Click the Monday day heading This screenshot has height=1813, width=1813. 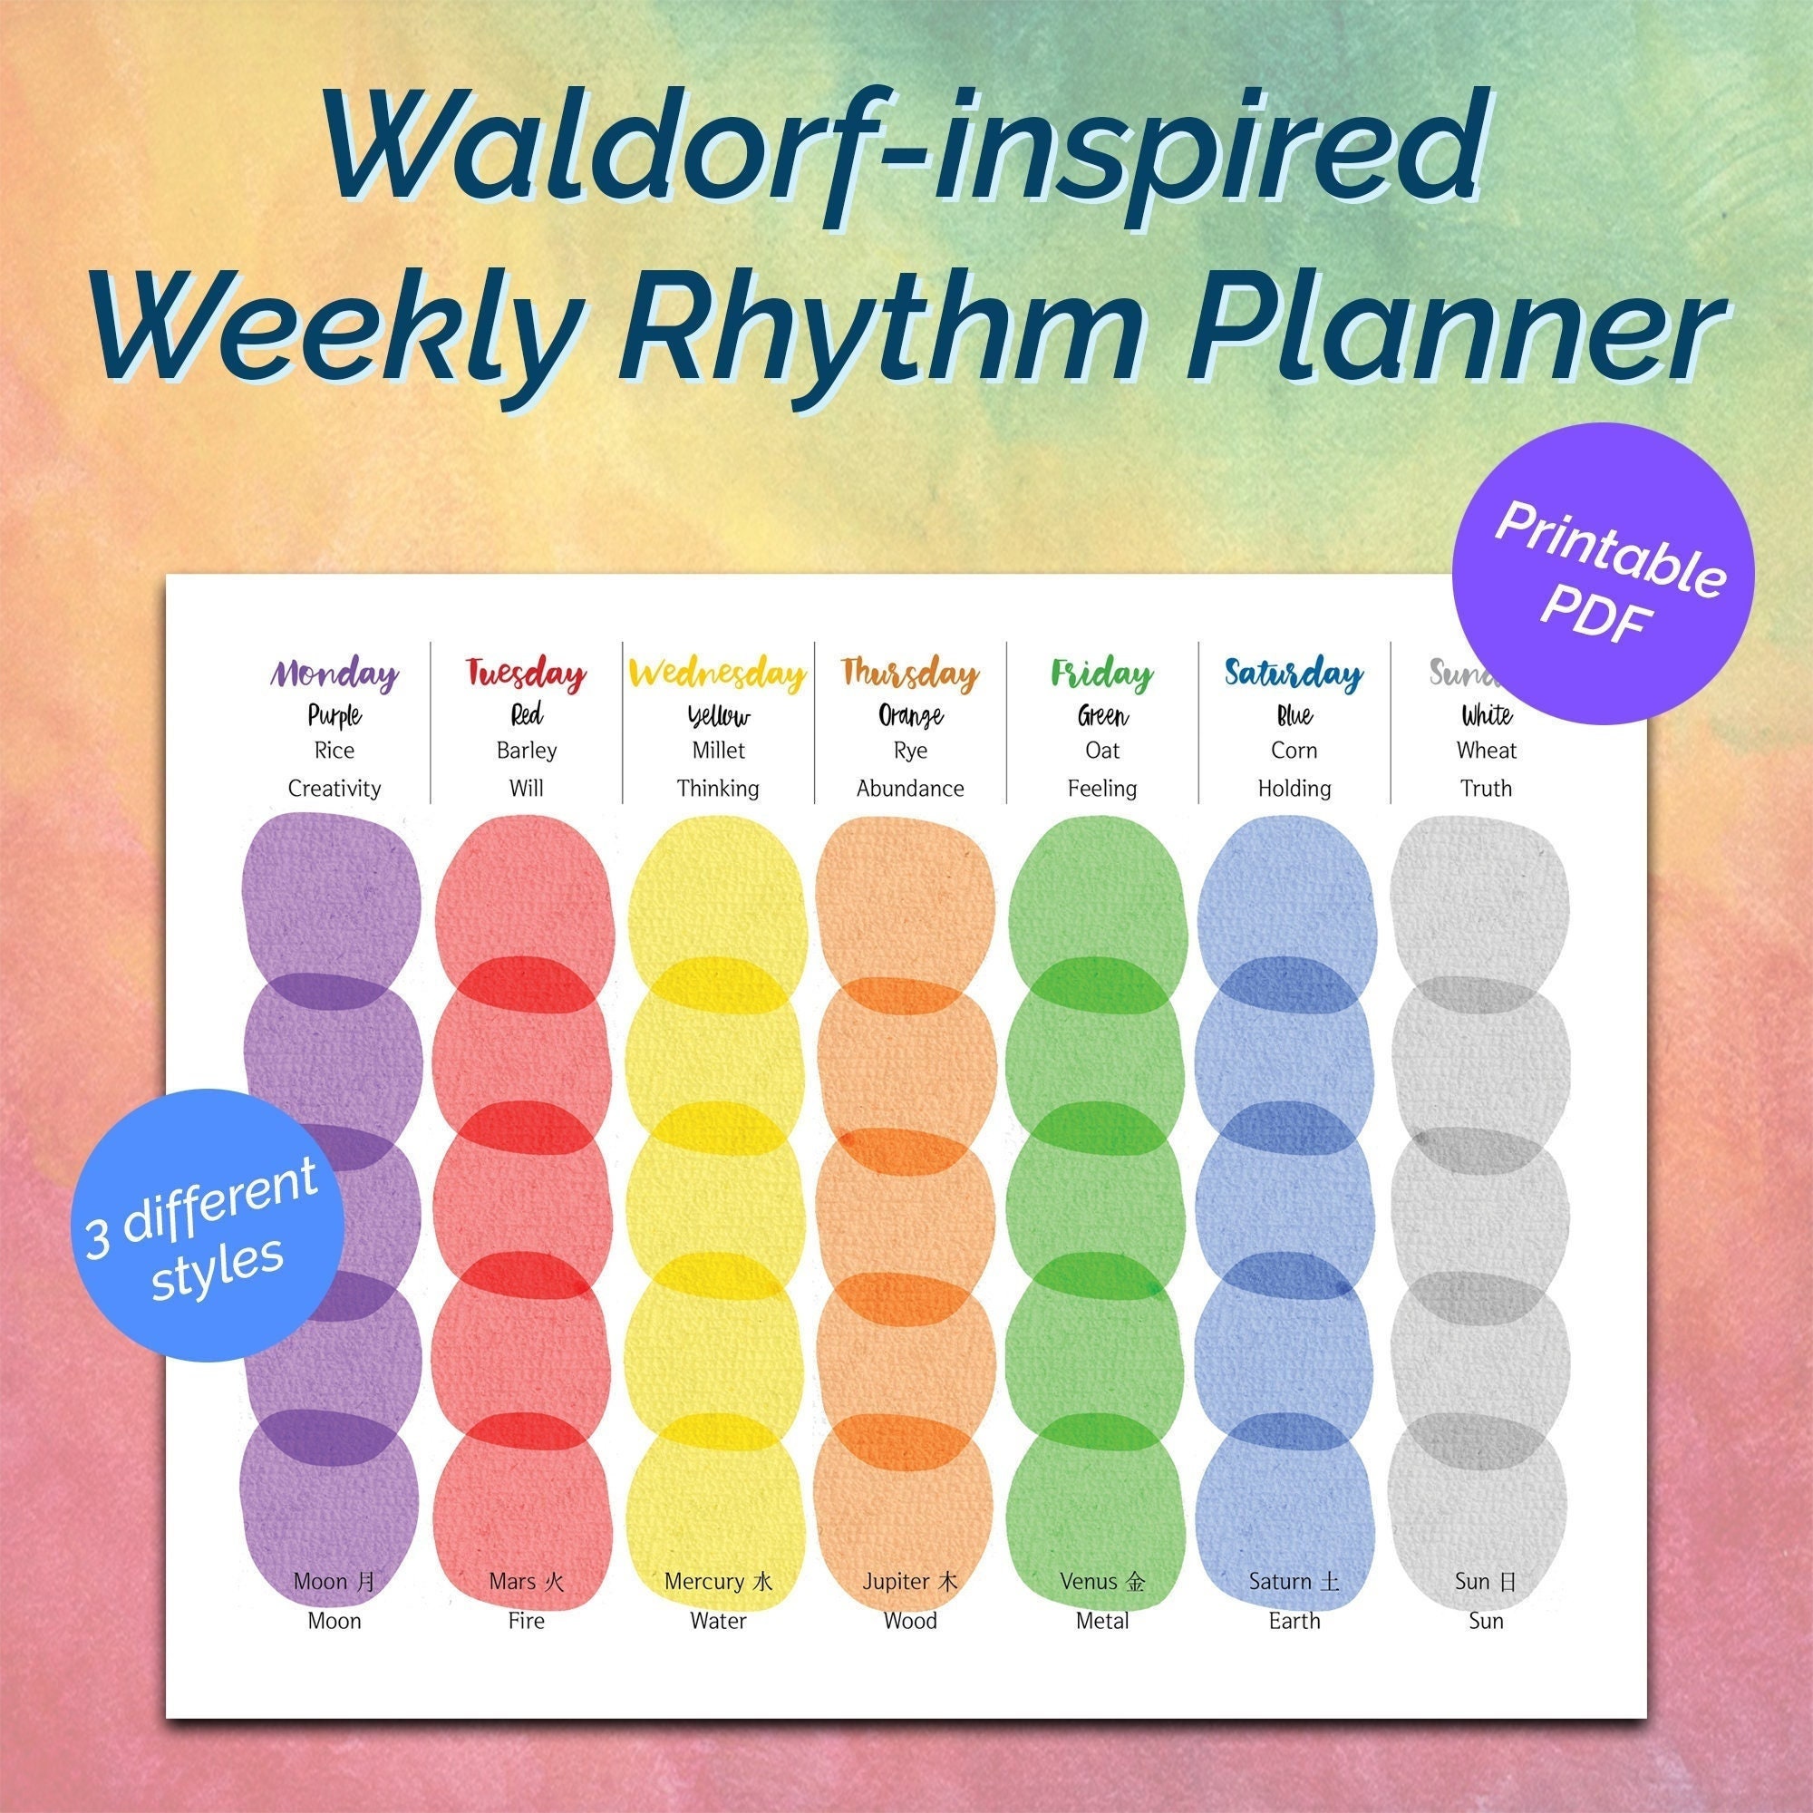335,674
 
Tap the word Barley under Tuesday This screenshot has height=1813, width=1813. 527,751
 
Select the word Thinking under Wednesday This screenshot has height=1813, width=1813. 718,789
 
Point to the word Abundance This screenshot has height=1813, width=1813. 909,789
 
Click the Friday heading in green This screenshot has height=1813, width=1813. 1101,674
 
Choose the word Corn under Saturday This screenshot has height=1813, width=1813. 1294,751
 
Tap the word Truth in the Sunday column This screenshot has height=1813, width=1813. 1486,789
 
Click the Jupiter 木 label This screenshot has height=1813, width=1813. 909,1582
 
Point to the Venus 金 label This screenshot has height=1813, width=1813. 1101,1582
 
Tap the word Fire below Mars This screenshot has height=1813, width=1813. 527,1621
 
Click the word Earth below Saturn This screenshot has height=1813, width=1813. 1294,1621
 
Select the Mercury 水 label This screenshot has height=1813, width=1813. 718,1582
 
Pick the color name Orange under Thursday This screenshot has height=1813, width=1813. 909,716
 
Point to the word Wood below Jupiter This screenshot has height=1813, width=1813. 909,1621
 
